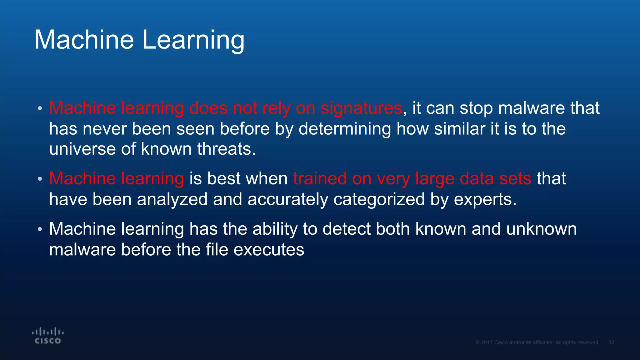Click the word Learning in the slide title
tap(193, 40)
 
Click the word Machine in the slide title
tap(84, 40)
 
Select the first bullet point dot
tap(40, 109)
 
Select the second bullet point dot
tap(40, 179)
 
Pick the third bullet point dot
tap(40, 229)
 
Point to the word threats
tap(226, 149)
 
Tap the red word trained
tap(320, 179)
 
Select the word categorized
tap(379, 199)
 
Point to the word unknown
tap(541, 229)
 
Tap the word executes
tap(269, 250)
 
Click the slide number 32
tap(611, 342)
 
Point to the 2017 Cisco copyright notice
tap(537, 342)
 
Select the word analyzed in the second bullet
tap(172, 199)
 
